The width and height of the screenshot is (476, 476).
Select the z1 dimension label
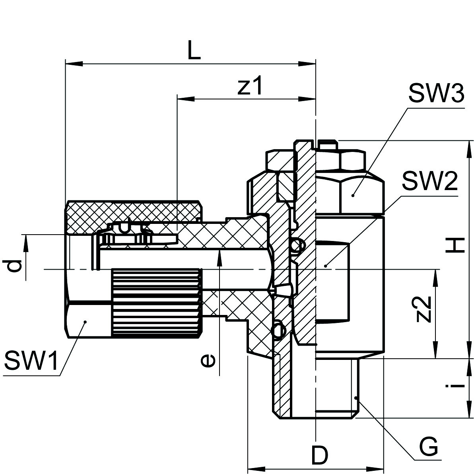[250, 86]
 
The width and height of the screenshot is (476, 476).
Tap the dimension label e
[207, 360]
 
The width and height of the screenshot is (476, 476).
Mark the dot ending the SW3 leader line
[354, 195]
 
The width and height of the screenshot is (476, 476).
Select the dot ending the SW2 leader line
[326, 265]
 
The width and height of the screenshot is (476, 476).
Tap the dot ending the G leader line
[357, 397]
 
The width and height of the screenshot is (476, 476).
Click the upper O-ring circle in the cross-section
[296, 247]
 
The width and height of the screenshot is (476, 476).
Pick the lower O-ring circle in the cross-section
[278, 329]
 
